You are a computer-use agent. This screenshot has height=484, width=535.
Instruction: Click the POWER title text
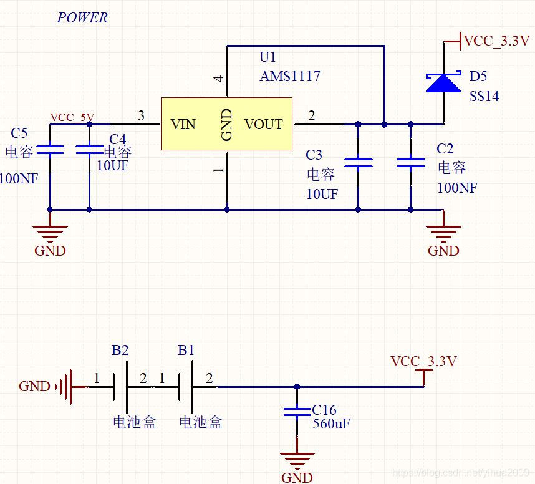[82, 17]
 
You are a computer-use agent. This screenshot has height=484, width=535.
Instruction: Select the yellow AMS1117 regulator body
[227, 124]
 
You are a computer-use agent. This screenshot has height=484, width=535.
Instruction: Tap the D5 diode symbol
[443, 82]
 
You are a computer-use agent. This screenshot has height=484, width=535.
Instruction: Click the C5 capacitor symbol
[50, 150]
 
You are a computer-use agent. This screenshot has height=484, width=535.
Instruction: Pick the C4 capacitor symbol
[89, 150]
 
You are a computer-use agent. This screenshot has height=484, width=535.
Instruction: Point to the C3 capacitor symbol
[359, 163]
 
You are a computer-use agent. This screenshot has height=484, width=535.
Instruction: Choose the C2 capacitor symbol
[411, 163]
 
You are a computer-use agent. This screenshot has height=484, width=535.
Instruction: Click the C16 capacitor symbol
[297, 412]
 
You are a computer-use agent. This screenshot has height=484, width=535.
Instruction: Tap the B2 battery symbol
[120, 387]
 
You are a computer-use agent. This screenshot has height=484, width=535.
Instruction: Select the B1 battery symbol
[186, 387]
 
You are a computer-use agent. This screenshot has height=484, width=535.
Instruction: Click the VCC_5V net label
[72, 117]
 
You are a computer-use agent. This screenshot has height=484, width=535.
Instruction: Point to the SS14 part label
[484, 96]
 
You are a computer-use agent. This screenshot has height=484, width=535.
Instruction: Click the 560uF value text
[331, 423]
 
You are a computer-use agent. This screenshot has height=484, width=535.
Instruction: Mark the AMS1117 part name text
[290, 76]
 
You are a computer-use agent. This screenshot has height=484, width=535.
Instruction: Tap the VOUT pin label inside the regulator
[263, 124]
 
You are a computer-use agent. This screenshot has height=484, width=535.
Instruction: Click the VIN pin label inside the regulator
[183, 124]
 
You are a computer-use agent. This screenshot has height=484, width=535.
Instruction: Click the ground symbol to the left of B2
[65, 387]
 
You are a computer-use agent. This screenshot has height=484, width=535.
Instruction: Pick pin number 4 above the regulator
[218, 79]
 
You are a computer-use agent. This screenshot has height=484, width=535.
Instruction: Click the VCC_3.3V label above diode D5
[496, 41]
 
